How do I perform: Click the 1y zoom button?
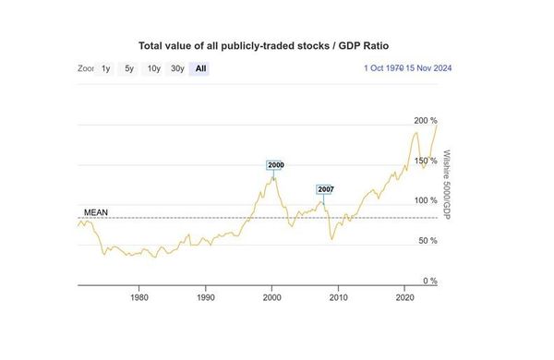105,68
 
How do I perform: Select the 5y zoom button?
129,68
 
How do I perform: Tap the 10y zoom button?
153,68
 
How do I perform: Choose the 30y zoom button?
177,68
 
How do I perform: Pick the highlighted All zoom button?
200,68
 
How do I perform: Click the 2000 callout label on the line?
275,165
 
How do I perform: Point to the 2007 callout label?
325,190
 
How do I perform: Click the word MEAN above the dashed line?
96,212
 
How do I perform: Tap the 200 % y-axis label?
426,121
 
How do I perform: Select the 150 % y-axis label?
426,162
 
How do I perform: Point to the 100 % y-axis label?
426,200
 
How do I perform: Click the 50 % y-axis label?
428,241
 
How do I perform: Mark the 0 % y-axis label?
430,282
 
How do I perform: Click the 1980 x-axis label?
139,297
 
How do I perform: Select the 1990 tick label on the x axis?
206,297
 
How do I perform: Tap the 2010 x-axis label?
339,297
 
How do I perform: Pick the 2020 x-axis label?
405,297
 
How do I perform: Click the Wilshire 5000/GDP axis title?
447,185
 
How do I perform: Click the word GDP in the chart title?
349,46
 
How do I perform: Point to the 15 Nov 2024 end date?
428,68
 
